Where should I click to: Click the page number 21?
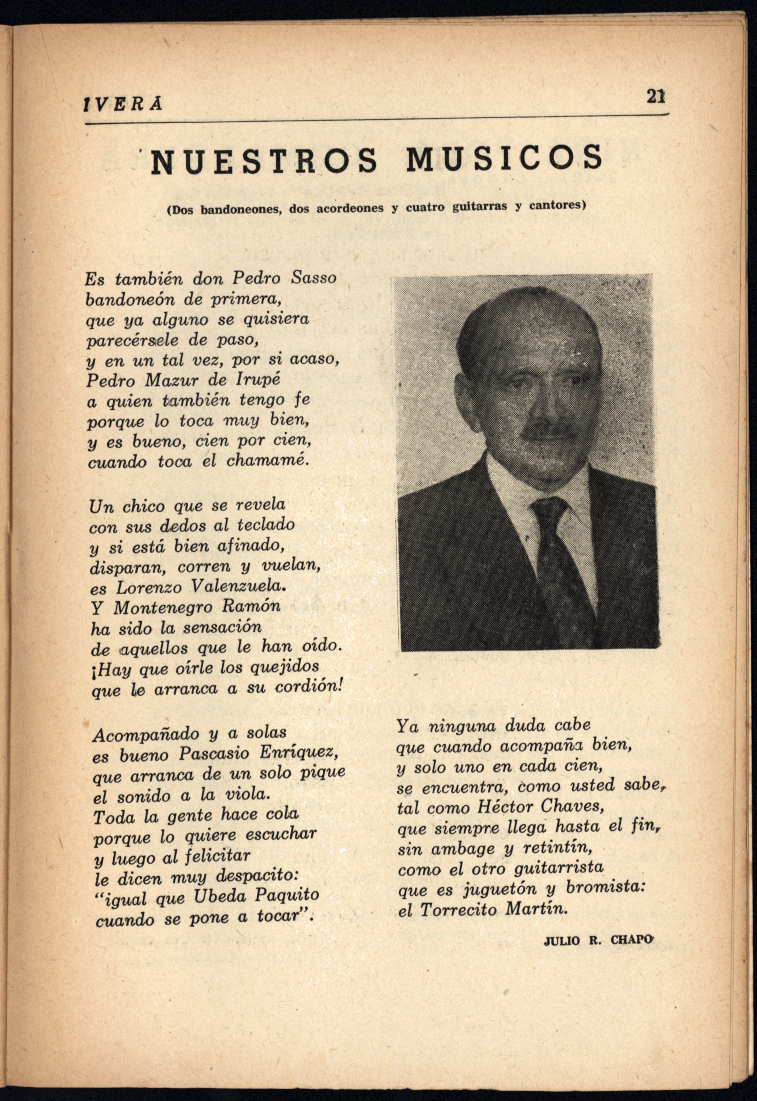point(655,96)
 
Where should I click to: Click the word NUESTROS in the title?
point(265,160)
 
